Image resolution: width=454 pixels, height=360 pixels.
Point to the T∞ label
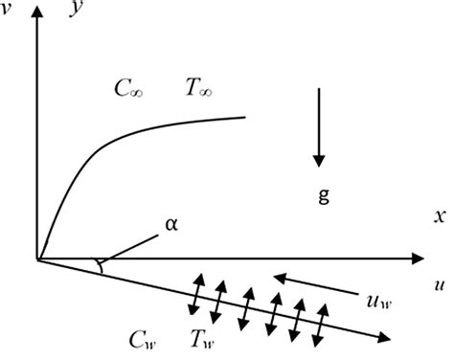[199, 89]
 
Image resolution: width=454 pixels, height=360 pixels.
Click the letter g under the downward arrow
[322, 197]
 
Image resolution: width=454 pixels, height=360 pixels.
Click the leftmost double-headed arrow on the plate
[197, 292]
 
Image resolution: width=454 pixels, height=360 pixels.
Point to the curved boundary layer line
[105, 144]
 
